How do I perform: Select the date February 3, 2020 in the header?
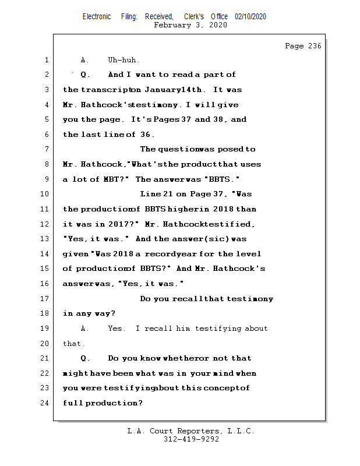click(190, 25)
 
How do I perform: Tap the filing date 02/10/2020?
click(250, 16)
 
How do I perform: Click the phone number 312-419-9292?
click(191, 440)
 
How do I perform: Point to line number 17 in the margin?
click(45, 299)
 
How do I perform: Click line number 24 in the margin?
click(45, 403)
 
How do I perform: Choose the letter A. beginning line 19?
click(84, 329)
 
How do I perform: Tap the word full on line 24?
click(73, 403)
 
